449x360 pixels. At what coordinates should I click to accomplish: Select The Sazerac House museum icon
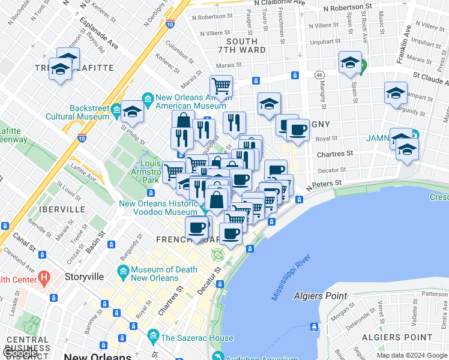(153, 334)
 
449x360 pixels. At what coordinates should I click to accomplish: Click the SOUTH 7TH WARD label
(241, 46)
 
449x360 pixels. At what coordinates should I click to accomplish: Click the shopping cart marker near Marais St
(221, 86)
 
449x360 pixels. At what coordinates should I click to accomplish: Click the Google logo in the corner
(20, 353)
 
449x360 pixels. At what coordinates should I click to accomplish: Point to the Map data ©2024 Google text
(411, 355)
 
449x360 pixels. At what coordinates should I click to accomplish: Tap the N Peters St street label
(324, 182)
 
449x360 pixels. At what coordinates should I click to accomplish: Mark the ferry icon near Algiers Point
(314, 327)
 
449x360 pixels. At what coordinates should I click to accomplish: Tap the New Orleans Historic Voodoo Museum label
(158, 208)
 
